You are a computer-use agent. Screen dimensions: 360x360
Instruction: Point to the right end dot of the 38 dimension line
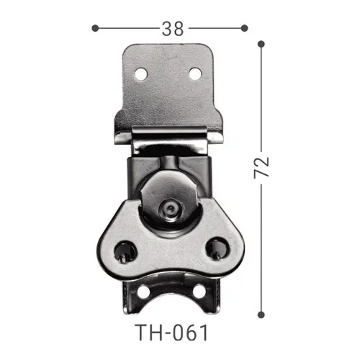tap(244, 28)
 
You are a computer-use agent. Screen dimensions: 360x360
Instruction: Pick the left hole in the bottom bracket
tap(143, 294)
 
